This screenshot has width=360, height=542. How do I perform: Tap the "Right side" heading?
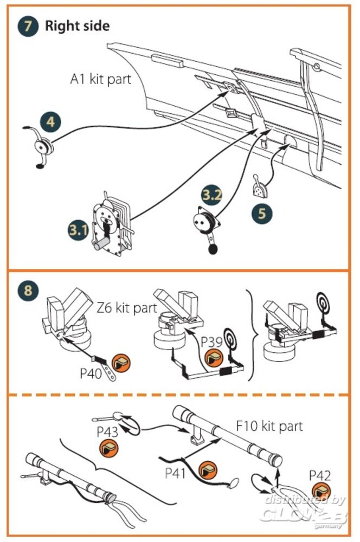coord(77,25)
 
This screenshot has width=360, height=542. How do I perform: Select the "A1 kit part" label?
coord(101,79)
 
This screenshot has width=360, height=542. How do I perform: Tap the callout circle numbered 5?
coord(262,213)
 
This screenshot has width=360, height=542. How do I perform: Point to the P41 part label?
coord(175,473)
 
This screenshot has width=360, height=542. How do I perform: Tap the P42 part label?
coord(319,475)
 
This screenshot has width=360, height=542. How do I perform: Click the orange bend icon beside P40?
coord(121,362)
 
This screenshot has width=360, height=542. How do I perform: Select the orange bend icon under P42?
coord(320,494)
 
